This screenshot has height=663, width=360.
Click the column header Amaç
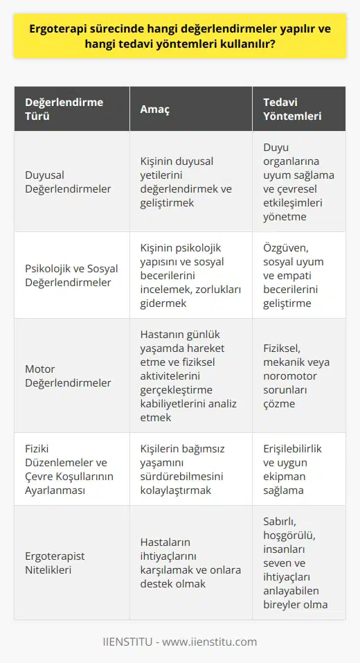pyautogui.click(x=156, y=109)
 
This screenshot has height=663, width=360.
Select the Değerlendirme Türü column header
pyautogui.click(x=64, y=109)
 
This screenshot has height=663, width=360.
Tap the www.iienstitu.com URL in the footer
pyautogui.click(x=219, y=642)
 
